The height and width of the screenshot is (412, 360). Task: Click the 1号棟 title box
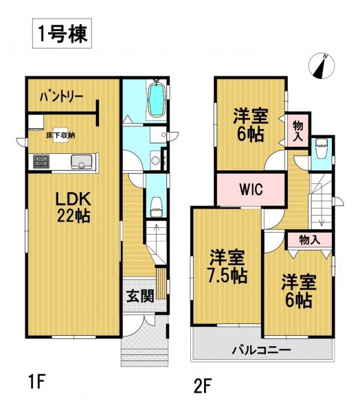[x=62, y=34]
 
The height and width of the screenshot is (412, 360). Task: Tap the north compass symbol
[x=322, y=66]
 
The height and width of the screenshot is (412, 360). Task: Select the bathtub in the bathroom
[x=157, y=98]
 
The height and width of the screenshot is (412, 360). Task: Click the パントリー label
[x=62, y=97]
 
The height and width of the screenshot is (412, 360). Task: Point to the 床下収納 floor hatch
[x=60, y=135]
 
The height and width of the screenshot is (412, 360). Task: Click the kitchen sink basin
[x=82, y=161]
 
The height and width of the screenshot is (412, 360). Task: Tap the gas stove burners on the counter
[x=41, y=161]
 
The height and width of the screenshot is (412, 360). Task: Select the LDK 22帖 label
[x=74, y=207]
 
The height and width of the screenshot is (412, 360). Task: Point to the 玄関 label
[x=140, y=297]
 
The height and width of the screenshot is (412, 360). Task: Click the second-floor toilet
[x=321, y=149]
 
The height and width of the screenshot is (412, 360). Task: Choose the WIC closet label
[x=251, y=189]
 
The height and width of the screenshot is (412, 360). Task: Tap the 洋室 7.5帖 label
[x=227, y=266]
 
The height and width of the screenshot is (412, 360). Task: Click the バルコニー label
[x=261, y=350]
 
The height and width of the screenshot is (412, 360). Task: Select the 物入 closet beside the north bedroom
[x=298, y=130]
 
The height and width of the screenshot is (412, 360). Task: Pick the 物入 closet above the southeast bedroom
[x=309, y=240]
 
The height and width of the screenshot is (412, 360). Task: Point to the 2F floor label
[x=203, y=386]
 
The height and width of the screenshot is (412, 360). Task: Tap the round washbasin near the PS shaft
[x=155, y=161]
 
